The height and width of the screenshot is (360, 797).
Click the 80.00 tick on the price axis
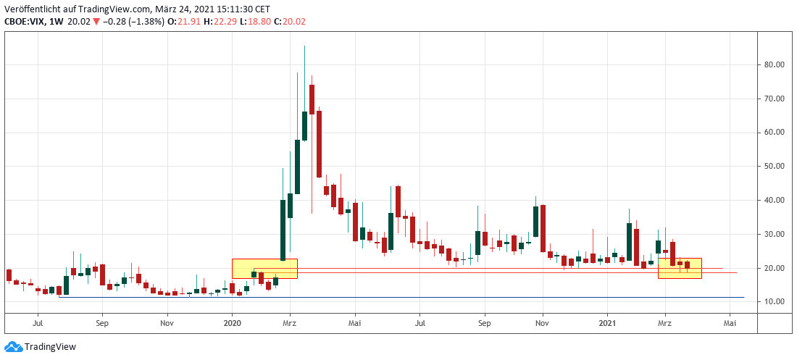point(775,64)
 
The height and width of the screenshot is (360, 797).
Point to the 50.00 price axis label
point(775,166)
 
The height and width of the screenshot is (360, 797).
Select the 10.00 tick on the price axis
point(775,301)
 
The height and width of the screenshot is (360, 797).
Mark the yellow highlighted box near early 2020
point(264,269)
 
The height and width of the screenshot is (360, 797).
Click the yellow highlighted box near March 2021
point(680,269)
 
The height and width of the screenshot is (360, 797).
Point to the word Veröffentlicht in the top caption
point(30,9)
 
